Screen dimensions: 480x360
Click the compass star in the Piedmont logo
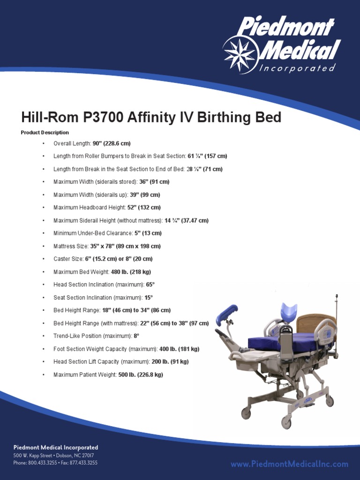pyautogui.click(x=240, y=54)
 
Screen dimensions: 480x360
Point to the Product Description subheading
pyautogui.click(x=45, y=133)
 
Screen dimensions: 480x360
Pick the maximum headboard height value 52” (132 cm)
pyautogui.click(x=144, y=207)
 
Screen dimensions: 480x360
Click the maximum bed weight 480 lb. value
pyautogui.click(x=131, y=272)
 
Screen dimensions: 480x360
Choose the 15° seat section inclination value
pyautogui.click(x=149, y=298)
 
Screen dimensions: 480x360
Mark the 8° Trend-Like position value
pyautogui.click(x=136, y=336)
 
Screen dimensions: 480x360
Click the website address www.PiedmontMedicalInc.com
pyautogui.click(x=289, y=464)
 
